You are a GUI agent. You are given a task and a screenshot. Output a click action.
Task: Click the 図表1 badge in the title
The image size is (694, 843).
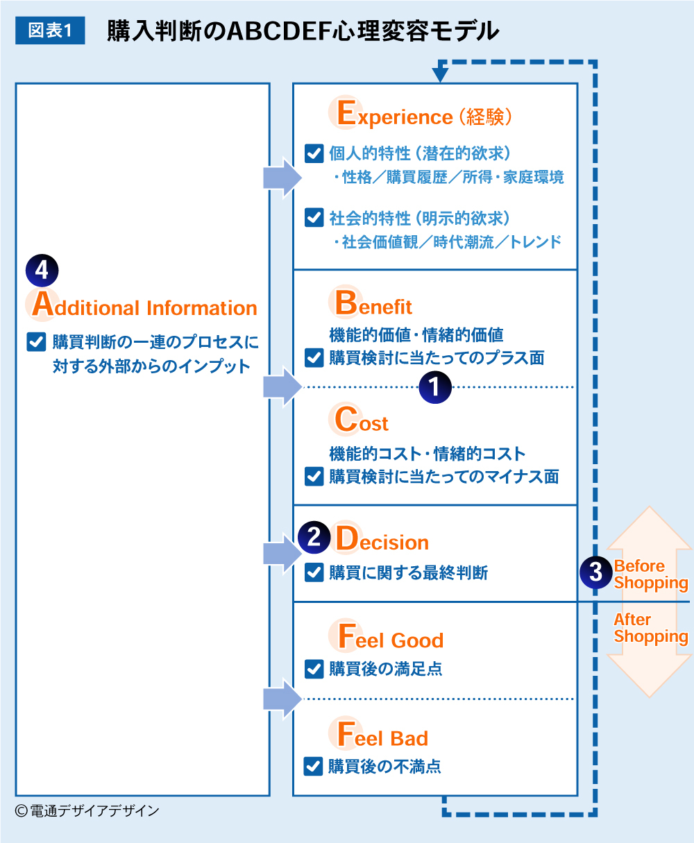point(50,31)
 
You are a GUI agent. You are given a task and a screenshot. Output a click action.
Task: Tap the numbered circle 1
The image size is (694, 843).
point(435,386)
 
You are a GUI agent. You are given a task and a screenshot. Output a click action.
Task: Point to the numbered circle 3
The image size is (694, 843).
point(595,572)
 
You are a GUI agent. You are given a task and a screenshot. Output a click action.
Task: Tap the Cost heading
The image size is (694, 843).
point(362,421)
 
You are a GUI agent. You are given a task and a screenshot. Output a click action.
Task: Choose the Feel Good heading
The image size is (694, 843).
point(390,638)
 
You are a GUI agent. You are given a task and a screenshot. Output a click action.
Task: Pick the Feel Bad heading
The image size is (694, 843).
point(382,737)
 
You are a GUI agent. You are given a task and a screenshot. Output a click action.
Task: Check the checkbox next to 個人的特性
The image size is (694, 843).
point(314,153)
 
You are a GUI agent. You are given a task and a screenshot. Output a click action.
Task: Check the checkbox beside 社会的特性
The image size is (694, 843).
point(314,219)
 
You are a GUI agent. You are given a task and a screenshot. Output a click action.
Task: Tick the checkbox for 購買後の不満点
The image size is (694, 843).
point(314,767)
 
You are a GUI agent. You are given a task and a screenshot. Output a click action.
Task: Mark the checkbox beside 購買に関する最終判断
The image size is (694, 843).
point(314,572)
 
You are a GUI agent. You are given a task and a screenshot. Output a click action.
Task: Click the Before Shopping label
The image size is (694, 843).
point(650,574)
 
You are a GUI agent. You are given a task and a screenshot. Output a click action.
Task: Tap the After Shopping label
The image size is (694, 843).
point(650,628)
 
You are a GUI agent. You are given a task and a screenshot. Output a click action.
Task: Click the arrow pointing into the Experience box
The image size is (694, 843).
point(282,178)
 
